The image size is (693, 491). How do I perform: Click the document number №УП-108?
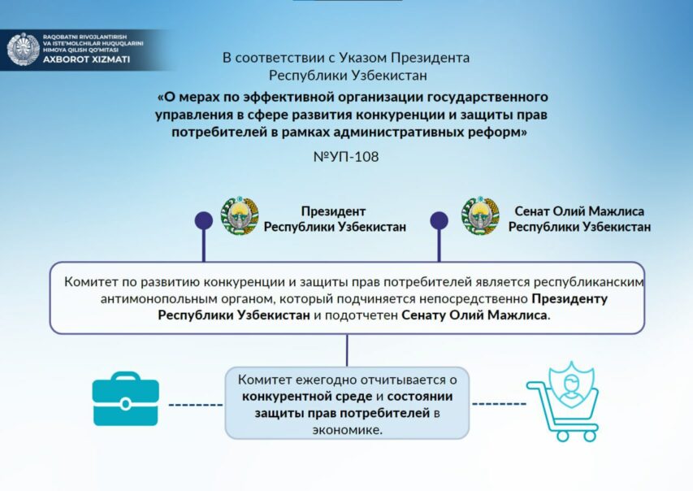click(x=345, y=156)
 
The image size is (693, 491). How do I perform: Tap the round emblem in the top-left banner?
click(x=23, y=50)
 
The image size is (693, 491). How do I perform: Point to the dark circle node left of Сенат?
click(x=439, y=219)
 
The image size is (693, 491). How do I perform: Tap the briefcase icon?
click(x=125, y=399)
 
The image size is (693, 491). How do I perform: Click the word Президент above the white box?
click(x=333, y=211)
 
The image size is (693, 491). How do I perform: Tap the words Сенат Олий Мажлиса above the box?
click(x=579, y=211)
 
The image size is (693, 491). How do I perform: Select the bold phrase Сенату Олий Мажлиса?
click(x=474, y=315)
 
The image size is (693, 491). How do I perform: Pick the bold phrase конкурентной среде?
click(x=306, y=397)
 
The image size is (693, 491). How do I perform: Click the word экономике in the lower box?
click(x=347, y=431)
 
